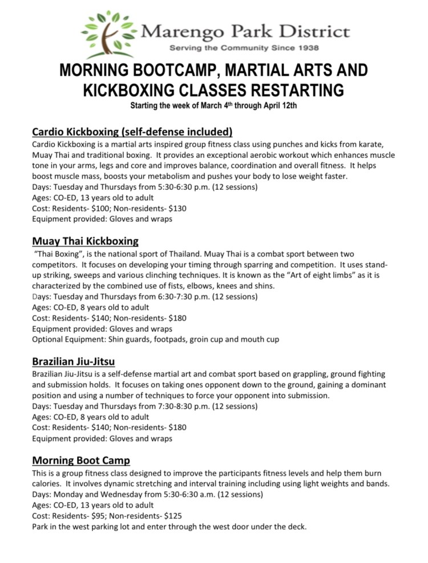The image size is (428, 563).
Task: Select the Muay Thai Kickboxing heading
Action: click(x=85, y=241)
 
